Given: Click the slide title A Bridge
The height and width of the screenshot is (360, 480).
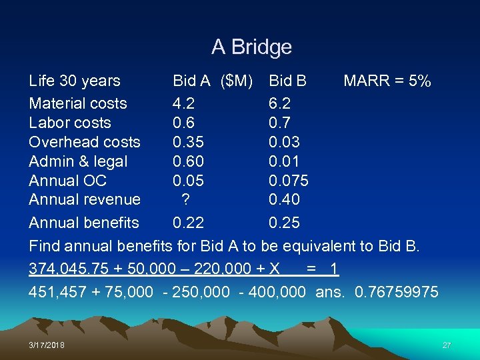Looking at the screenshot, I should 251,47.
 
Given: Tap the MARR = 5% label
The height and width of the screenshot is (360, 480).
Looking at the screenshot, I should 387,81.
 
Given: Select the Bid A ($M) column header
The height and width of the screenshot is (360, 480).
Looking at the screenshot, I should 212,81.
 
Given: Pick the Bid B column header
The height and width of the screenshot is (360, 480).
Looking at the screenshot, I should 287,81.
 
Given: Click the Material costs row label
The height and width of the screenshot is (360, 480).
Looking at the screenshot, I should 78,103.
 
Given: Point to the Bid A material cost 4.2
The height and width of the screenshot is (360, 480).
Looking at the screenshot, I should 183,103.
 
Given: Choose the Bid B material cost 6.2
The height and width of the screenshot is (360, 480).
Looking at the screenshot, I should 279,103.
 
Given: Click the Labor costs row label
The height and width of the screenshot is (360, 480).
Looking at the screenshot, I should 70,123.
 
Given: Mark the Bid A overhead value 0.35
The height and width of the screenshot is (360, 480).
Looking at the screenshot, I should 188,142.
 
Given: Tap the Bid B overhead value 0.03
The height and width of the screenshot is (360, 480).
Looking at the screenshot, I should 284,142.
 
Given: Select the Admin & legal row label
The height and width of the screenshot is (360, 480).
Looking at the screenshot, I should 78,161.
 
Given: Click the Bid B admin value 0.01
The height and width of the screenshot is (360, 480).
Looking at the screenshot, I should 284,161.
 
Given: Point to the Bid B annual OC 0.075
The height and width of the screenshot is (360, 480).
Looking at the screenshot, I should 288,181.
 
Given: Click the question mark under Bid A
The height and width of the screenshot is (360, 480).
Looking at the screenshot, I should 186,199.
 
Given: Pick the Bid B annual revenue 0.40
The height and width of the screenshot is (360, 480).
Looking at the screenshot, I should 284,199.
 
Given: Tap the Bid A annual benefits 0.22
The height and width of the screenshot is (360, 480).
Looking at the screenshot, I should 188,223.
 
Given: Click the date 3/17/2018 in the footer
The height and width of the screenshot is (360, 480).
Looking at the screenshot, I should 47,345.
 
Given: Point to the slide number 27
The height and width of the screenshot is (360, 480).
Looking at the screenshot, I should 447,345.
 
